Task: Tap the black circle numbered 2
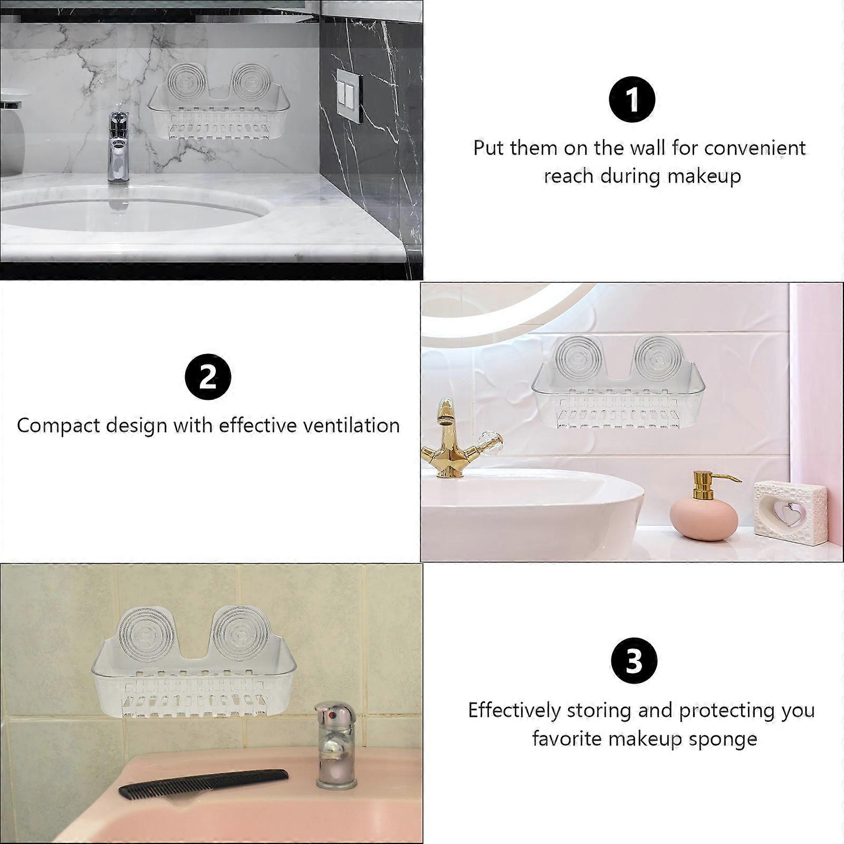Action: [208, 377]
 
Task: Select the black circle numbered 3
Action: [634, 660]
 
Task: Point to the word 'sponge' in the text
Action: [723, 739]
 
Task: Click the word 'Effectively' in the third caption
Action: [514, 711]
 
